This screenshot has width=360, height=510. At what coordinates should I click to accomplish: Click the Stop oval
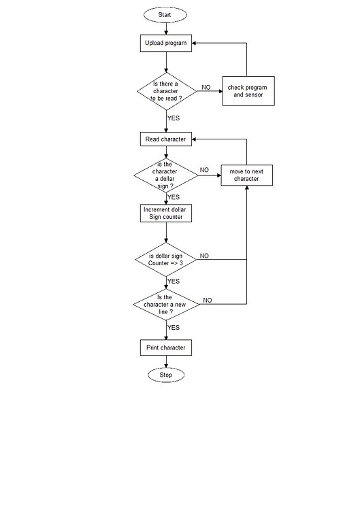pos(166,375)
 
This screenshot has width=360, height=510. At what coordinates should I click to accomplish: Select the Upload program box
pos(166,43)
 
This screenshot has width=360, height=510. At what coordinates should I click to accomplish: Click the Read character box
pos(166,139)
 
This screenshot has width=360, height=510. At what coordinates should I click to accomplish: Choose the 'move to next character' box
pos(246,175)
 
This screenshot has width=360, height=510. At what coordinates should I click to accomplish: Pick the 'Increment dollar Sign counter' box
pos(166,213)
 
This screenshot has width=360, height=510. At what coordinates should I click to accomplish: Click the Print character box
pos(166,348)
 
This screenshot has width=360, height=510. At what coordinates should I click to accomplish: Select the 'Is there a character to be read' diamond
pos(166,90)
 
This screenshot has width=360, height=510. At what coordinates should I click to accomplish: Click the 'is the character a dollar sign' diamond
pos(166,175)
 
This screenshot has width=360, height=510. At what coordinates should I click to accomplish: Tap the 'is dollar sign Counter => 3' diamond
pos(166,259)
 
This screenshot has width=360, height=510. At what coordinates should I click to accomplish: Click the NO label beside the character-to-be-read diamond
pos(206,88)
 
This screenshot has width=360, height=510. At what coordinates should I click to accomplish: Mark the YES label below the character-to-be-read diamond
pos(174,118)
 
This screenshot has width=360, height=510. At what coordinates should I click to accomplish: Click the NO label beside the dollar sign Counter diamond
pos(204,256)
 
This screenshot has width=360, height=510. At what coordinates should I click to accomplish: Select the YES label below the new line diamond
pos(174,327)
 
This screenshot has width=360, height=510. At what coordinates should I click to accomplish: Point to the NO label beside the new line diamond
pos(207,300)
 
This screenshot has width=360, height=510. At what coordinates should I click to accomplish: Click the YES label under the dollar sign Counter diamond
pos(174,281)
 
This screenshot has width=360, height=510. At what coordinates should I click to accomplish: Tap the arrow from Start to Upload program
pos(166,28)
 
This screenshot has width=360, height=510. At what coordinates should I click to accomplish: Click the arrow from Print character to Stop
pos(166,361)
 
